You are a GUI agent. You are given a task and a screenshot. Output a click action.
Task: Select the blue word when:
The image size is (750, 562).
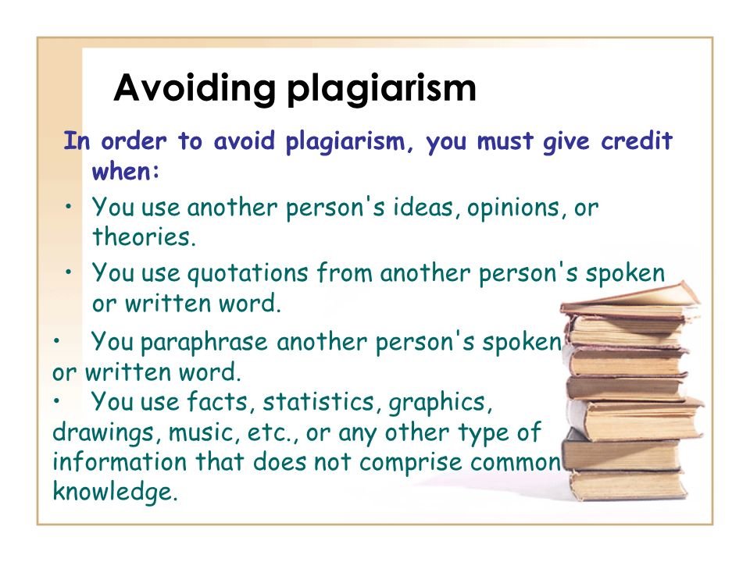[126, 171]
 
